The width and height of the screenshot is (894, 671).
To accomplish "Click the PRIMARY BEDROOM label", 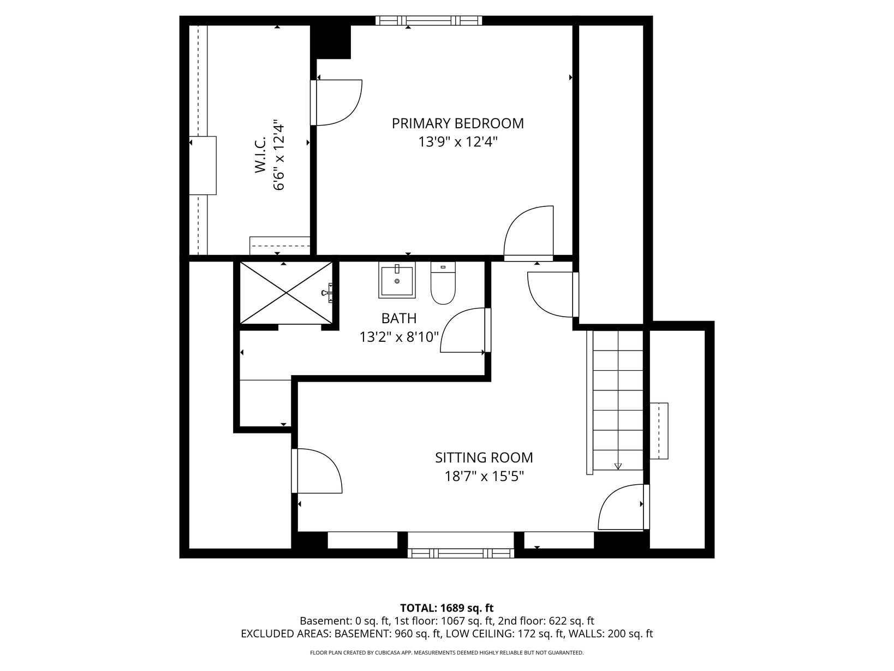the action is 457,123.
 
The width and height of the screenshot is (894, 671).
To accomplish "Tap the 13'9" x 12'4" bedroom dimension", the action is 458,142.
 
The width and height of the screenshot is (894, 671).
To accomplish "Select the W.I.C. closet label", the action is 260,155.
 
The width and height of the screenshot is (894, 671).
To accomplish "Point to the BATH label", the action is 399,318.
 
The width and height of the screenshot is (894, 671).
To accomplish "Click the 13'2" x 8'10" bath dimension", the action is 399,337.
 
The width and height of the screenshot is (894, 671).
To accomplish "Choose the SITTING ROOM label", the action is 484,458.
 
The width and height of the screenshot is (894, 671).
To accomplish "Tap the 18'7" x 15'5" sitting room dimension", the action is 484,476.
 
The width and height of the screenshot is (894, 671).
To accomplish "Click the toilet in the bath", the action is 443,283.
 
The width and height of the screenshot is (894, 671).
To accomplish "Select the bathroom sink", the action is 397,280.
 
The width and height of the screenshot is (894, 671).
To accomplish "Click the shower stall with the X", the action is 287,293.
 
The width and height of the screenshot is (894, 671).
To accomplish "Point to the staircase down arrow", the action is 618,466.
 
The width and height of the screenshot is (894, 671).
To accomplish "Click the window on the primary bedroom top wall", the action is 428,20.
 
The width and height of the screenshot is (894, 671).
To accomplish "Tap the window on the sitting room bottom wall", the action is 461,553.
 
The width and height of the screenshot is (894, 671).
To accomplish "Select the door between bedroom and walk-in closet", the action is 336,103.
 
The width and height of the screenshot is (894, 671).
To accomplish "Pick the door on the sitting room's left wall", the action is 317,471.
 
